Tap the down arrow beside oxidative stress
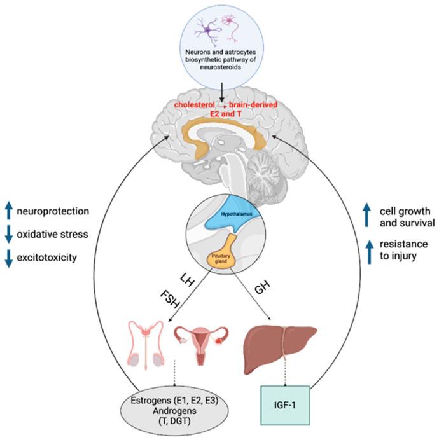tap(8, 234)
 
